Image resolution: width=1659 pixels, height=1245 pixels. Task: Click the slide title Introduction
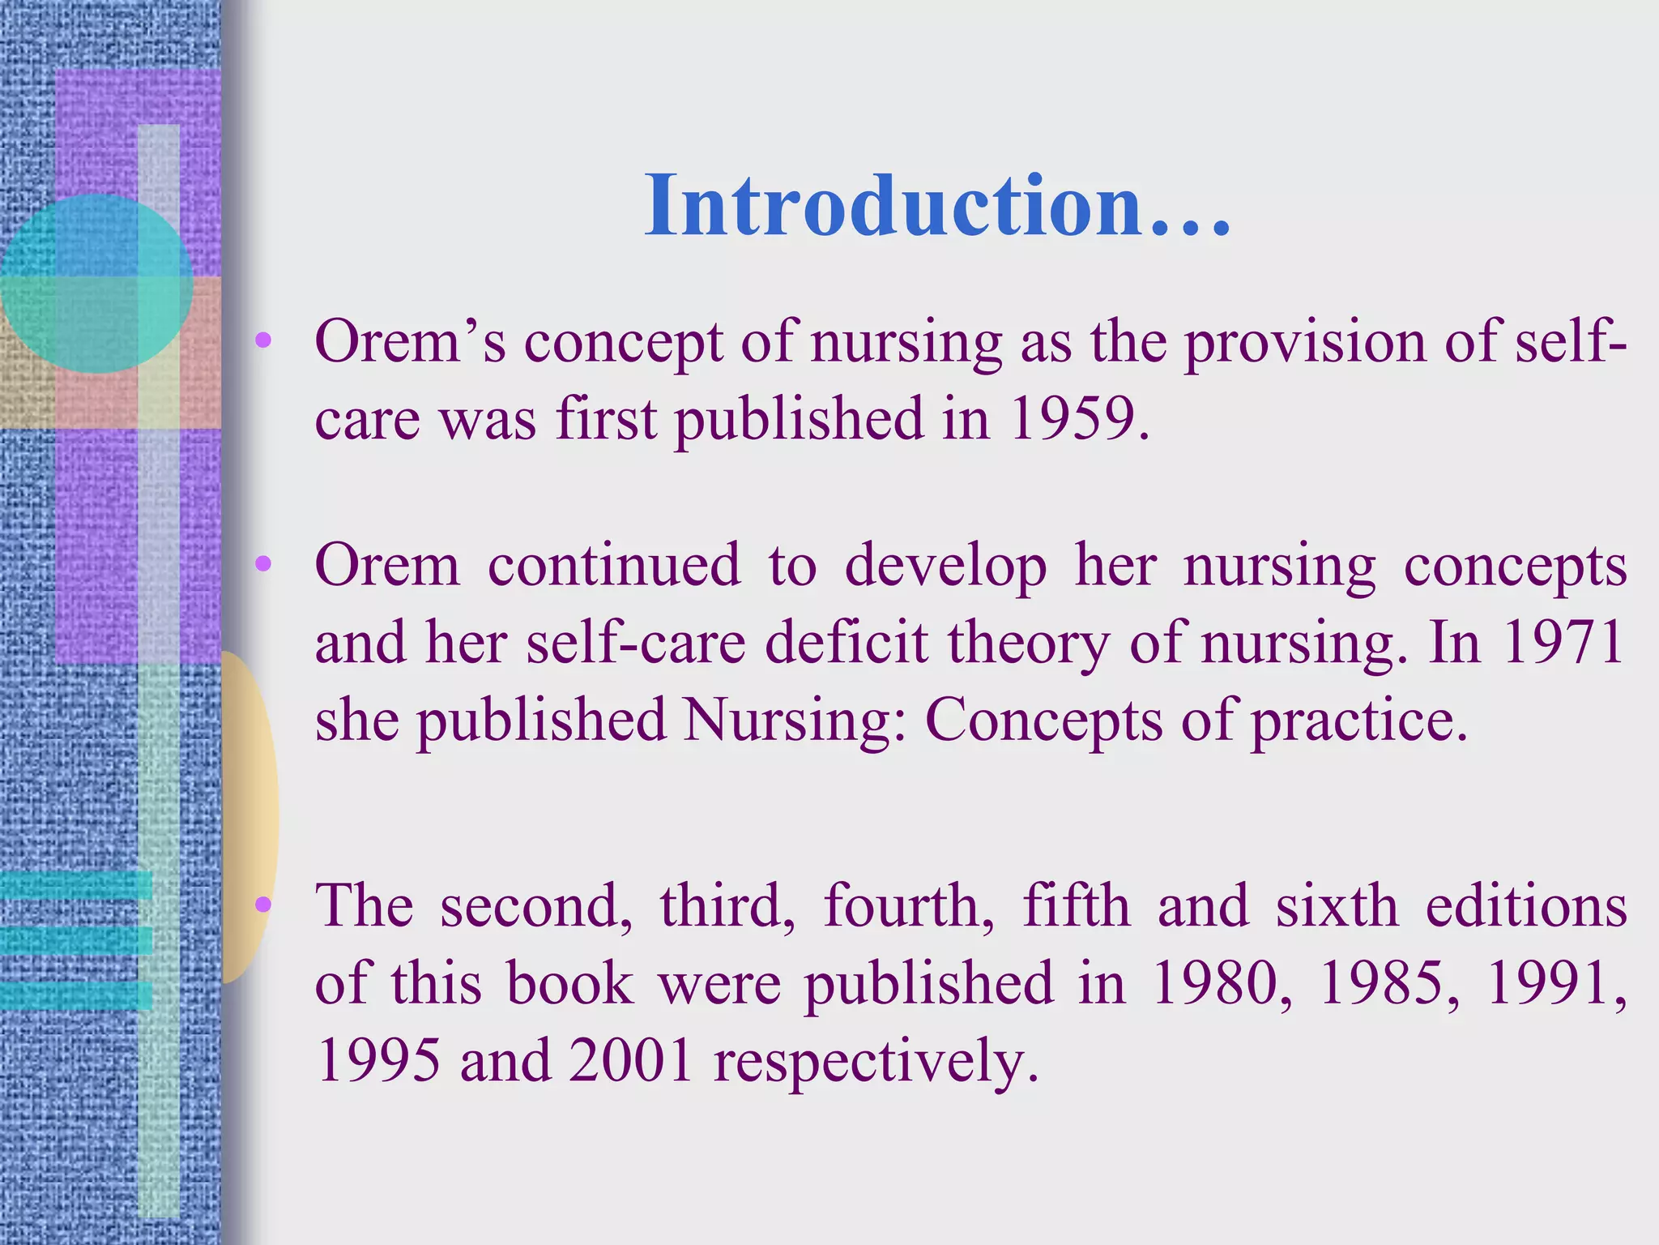pyautogui.click(x=937, y=206)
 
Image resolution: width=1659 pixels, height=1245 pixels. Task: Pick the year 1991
pyautogui.click(x=1555, y=983)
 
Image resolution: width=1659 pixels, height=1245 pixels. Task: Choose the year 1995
pyautogui.click(x=379, y=1060)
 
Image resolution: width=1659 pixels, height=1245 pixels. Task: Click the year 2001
pyautogui.click(x=631, y=1060)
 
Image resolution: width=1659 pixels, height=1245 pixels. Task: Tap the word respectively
pyautogui.click(x=876, y=1062)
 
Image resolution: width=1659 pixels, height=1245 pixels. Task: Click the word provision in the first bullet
pyautogui.click(x=1304, y=342)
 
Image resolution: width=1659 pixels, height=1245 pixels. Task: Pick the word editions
pyautogui.click(x=1526, y=905)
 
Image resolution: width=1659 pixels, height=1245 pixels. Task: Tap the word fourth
pyautogui.click(x=909, y=905)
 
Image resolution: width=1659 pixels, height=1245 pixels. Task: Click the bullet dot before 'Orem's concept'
pyautogui.click(x=262, y=341)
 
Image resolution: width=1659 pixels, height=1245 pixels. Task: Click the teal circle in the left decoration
pyautogui.click(x=96, y=283)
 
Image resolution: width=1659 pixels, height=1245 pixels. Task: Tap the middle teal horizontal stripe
pyautogui.click(x=76, y=940)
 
